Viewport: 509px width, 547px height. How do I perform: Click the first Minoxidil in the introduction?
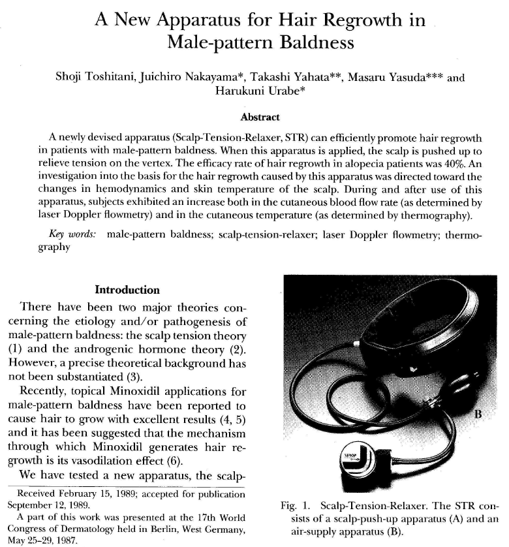[x=151, y=392]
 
